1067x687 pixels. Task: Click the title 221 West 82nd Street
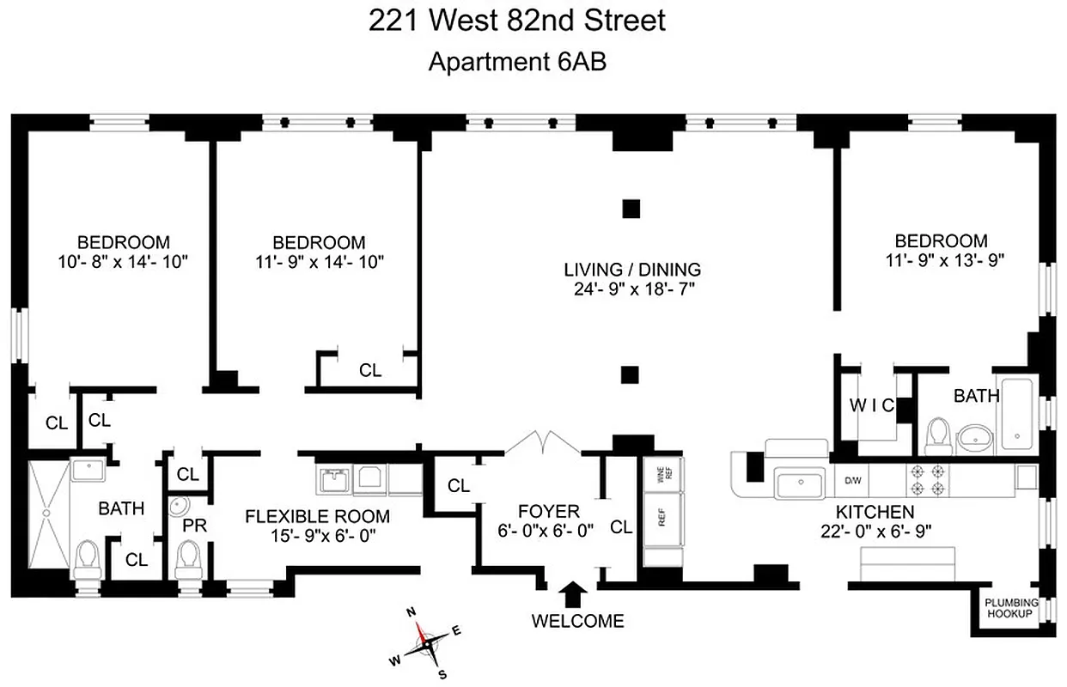click(517, 21)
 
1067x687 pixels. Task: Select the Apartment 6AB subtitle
click(517, 62)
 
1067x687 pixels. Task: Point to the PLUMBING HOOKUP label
click(1011, 608)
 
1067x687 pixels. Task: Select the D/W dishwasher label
click(853, 480)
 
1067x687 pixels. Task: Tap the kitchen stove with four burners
click(926, 480)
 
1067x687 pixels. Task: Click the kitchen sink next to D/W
click(802, 483)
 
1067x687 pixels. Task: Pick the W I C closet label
click(871, 404)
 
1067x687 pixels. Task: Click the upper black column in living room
click(631, 209)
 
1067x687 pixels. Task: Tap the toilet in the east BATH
click(938, 435)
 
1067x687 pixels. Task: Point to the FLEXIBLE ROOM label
click(317, 516)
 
